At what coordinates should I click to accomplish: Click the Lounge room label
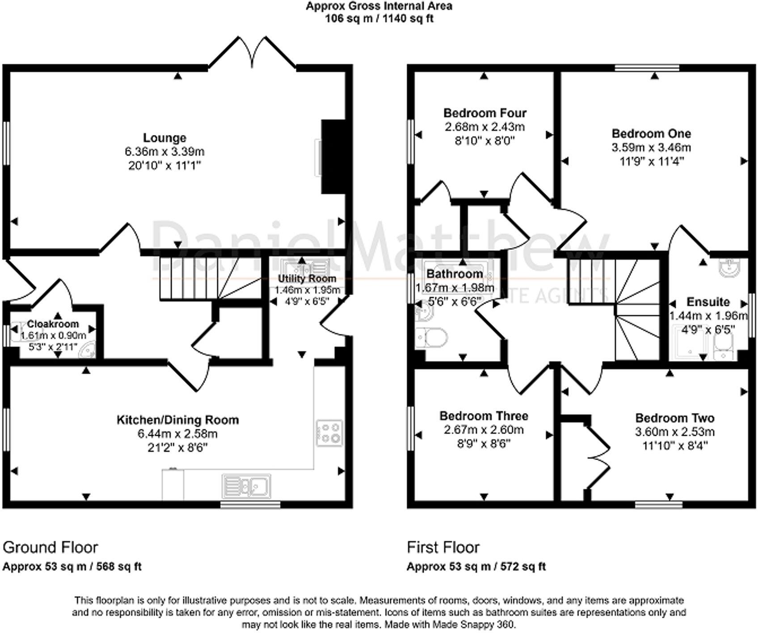point(164,138)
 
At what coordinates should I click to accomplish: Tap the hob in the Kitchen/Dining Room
point(330,433)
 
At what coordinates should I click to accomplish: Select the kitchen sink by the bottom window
point(246,485)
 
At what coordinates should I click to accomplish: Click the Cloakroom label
point(53,324)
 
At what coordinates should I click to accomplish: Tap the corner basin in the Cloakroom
point(87,350)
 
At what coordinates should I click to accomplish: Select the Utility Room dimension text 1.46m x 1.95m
point(307,290)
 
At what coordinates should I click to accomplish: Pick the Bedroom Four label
point(484,113)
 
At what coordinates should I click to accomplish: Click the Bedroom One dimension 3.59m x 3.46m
point(651,147)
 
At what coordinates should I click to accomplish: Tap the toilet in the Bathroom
point(432,337)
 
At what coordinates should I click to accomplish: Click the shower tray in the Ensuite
point(689,342)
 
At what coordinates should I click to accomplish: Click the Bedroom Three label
point(484,416)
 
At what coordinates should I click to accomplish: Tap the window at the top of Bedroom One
point(646,68)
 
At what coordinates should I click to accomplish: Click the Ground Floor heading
point(50,547)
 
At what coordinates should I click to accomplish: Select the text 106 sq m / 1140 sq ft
point(379,18)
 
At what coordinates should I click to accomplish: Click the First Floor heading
point(442,547)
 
